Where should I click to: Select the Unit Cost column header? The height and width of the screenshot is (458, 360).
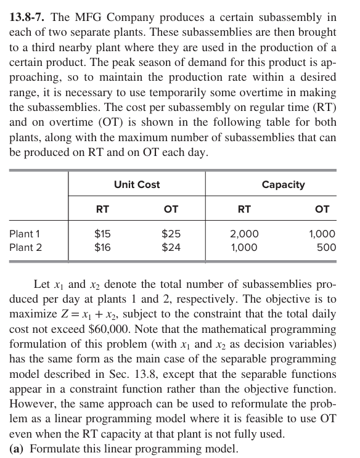coord(137,184)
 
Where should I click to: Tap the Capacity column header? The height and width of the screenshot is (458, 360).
coord(284,184)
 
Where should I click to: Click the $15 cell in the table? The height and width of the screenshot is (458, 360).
coord(102,234)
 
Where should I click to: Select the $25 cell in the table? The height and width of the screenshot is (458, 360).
coord(171,234)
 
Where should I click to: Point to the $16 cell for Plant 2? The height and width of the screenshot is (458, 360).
coord(102,248)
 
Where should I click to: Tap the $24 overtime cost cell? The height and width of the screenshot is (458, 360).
coord(171,248)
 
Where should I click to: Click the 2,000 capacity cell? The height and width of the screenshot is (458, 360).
coord(244,234)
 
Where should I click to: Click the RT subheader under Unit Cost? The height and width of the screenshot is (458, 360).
coord(102,210)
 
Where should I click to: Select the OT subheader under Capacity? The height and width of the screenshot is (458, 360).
coord(322,210)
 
